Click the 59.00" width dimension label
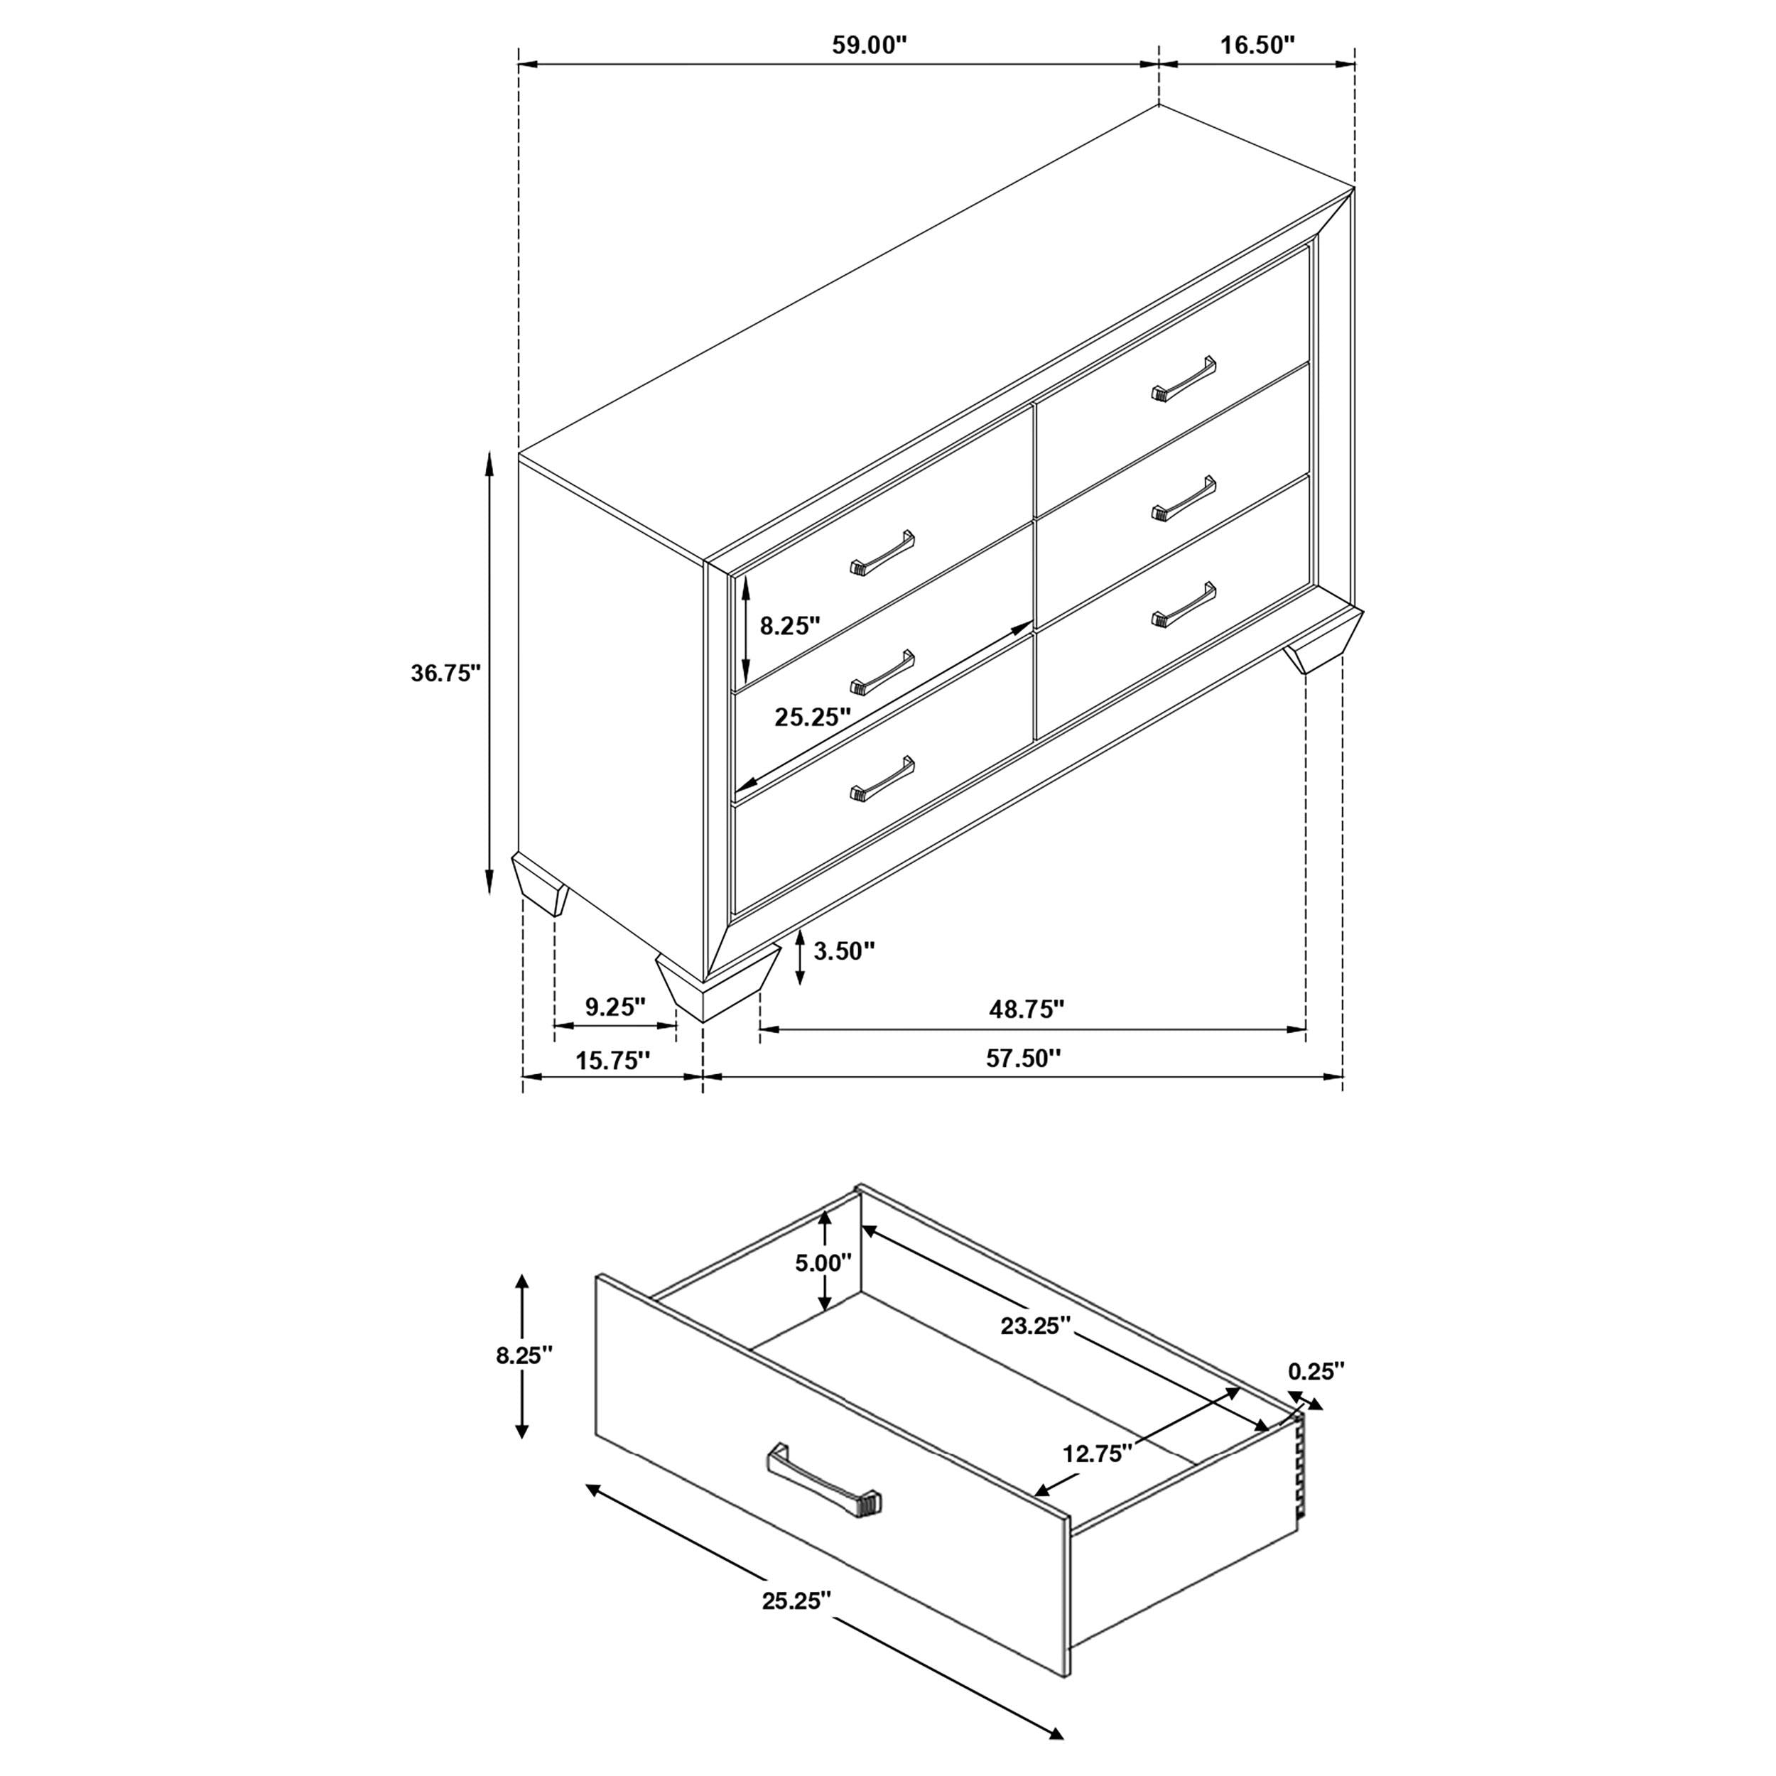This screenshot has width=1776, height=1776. tap(869, 46)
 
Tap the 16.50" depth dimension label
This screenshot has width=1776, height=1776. tap(1257, 46)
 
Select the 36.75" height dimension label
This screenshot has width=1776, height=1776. tap(446, 673)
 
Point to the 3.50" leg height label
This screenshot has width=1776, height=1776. tap(844, 951)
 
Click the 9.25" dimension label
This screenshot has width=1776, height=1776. tap(616, 1007)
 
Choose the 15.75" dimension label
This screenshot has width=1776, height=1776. tap(612, 1061)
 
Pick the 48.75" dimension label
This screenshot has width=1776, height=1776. tap(1026, 1009)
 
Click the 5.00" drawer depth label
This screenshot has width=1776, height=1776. tap(823, 1263)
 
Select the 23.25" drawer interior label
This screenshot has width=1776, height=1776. tap(1036, 1326)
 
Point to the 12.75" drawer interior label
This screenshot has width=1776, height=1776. tap(1095, 1453)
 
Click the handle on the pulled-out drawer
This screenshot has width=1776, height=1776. tap(823, 1495)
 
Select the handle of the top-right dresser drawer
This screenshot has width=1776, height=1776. tap(1183, 379)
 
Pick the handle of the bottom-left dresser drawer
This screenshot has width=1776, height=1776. tap(882, 779)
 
